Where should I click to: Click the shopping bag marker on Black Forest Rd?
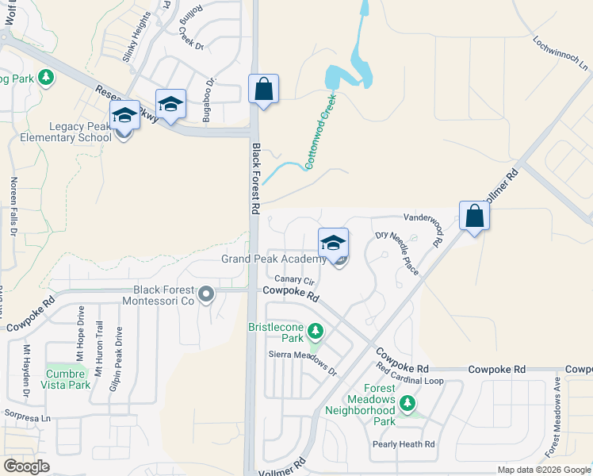click(x=264, y=89)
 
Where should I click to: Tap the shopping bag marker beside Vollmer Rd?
click(x=474, y=217)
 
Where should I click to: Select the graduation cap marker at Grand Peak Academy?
click(x=334, y=242)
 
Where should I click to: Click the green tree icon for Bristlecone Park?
click(x=316, y=329)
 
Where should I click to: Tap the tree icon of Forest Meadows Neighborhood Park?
click(x=408, y=403)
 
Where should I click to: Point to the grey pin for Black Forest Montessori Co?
click(x=207, y=295)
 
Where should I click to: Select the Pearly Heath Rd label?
click(x=404, y=444)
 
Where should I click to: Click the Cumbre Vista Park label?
click(x=68, y=379)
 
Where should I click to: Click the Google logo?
click(x=27, y=466)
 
